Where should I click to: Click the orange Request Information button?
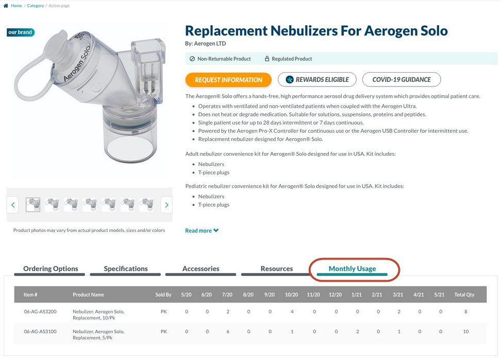coord(228,80)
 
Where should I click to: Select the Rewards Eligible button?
coord(317,79)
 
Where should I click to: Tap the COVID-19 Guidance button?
coord(402,79)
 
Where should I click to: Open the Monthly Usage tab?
coord(352,269)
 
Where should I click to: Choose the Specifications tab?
coord(126,269)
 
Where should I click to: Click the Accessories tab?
coord(201,269)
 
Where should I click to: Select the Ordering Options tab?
coord(51,269)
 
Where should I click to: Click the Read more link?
coord(202,230)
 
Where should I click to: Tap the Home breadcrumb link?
coord(16,6)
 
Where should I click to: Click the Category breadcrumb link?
coord(36,6)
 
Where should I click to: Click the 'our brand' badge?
coord(21,32)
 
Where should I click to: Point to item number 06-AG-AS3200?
coord(40,312)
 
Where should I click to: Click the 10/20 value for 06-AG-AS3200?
coord(292,312)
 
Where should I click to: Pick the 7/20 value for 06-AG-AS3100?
coord(228,332)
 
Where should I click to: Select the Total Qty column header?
coord(464,295)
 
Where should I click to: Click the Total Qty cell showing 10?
coord(466,332)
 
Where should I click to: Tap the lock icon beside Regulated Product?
coord(267,59)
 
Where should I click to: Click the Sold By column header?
coord(163,295)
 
